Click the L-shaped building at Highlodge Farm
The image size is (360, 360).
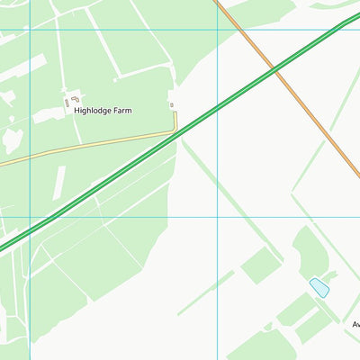point(74,98)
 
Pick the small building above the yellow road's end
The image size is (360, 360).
point(172,105)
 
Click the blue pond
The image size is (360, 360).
point(319,288)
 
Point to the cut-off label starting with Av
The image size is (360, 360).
point(355,324)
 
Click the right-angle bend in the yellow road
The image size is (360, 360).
point(175,131)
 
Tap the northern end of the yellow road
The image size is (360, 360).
point(175,113)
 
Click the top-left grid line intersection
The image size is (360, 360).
point(30,29)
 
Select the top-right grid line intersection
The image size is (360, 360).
point(217,29)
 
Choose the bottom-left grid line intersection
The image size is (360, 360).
point(30,217)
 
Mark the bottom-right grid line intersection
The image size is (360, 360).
point(217,217)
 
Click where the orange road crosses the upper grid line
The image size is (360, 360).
point(238,29)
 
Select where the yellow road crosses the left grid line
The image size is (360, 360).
point(30,158)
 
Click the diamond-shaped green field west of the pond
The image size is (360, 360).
point(261,265)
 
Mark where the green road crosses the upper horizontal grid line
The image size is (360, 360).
point(334,29)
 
